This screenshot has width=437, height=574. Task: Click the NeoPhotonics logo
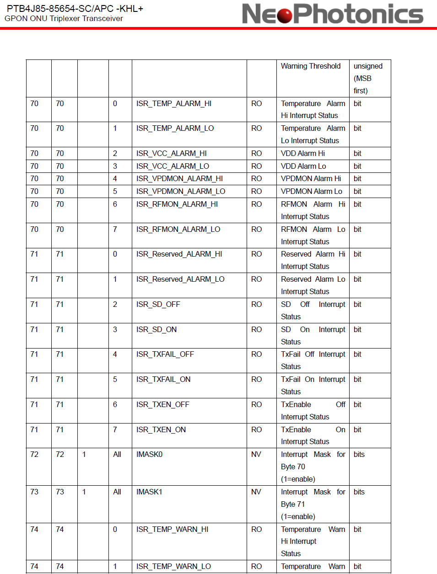click(x=333, y=14)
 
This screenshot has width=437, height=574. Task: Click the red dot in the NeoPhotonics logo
click(x=285, y=15)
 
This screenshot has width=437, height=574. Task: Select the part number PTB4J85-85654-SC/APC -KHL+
click(x=75, y=9)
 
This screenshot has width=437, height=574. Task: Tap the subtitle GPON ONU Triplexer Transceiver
click(x=64, y=19)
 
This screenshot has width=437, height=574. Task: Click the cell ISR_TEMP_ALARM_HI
click(x=174, y=104)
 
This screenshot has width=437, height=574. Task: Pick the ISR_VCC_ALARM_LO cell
click(x=173, y=166)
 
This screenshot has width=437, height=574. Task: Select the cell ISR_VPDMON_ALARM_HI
click(x=179, y=179)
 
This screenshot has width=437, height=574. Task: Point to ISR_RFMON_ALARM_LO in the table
click(x=178, y=230)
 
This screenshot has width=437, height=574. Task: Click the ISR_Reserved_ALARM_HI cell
click(x=179, y=254)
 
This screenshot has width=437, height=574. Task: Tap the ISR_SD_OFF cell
click(x=158, y=305)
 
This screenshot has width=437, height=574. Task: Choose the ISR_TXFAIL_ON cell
click(x=163, y=380)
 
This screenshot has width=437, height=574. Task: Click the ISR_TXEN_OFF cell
click(x=162, y=405)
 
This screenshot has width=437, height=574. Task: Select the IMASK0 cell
click(x=149, y=455)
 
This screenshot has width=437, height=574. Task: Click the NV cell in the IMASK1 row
click(x=256, y=492)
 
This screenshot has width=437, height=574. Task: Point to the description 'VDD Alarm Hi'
click(x=303, y=154)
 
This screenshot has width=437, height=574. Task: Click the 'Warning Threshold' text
click(x=311, y=66)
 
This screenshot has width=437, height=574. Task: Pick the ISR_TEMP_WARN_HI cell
click(x=172, y=530)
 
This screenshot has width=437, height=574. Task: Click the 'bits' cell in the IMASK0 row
click(x=359, y=455)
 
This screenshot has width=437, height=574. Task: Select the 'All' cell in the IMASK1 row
click(x=117, y=492)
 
